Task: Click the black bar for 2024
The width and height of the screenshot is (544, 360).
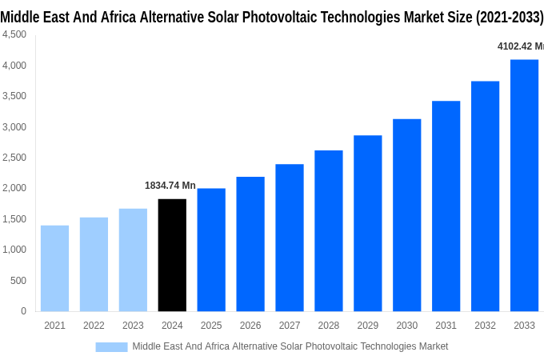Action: pos(172,255)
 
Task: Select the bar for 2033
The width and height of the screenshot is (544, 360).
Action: pos(524,186)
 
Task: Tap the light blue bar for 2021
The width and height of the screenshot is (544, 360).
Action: pos(54,269)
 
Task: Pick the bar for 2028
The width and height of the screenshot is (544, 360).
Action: pos(328,231)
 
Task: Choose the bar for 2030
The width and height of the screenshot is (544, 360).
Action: pos(406,215)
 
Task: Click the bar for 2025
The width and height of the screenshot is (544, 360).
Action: pos(211,250)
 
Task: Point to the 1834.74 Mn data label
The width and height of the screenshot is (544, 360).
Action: pos(170,186)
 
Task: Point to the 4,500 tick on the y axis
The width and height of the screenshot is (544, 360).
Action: pos(14,34)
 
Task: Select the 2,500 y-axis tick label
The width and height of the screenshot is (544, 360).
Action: pos(14,158)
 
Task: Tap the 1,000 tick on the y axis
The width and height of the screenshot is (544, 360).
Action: pos(14,250)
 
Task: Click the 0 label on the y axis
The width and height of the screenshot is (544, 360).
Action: pos(23,311)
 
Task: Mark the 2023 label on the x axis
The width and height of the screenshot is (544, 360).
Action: pos(133,326)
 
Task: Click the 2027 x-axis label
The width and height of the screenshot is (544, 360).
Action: pos(290,326)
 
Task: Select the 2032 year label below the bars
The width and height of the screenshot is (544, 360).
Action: pos(485,326)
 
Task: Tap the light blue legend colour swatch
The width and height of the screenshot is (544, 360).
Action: pos(111,347)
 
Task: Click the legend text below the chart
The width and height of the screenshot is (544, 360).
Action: pos(290,346)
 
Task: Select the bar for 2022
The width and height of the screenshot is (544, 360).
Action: pos(94,265)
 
